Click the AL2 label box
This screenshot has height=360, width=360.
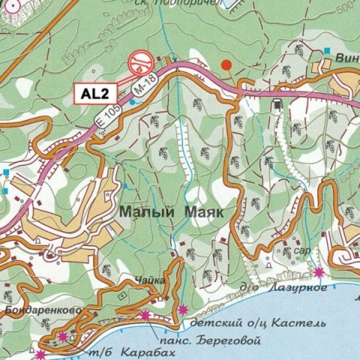94,93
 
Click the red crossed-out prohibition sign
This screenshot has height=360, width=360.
140,62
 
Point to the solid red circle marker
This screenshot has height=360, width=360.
226,65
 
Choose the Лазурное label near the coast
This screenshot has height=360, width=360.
302,288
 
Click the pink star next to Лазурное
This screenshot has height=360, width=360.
318,272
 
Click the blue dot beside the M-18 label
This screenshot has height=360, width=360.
132,101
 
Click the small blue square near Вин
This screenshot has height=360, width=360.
328,50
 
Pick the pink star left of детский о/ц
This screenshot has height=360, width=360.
184,309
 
